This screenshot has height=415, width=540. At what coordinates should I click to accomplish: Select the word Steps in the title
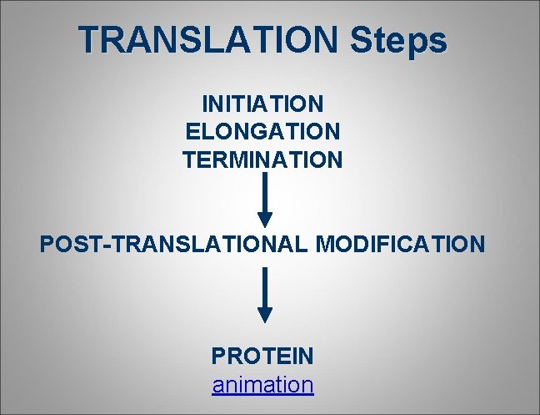(399, 39)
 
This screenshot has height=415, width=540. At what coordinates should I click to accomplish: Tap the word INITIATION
(262, 104)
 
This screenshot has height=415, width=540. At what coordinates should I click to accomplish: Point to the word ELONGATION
(262, 132)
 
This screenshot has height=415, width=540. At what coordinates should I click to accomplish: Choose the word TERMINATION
(262, 159)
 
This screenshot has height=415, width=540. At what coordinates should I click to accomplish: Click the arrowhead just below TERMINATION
(264, 219)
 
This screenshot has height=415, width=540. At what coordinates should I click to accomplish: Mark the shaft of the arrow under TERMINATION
(264, 192)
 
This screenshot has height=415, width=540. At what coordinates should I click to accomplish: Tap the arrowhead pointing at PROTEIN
(264, 314)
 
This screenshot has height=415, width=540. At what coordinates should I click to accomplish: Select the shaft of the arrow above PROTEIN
(264, 287)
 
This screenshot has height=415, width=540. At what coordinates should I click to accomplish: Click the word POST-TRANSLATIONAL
(174, 245)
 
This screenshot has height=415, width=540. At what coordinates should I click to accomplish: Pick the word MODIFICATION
(400, 245)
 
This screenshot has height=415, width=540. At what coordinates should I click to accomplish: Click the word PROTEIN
(262, 357)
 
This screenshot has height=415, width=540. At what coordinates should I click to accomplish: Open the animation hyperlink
(262, 385)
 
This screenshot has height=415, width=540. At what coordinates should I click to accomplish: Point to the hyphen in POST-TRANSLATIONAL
(111, 245)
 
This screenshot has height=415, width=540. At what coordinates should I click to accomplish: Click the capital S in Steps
(363, 39)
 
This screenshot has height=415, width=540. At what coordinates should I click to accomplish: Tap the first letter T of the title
(89, 39)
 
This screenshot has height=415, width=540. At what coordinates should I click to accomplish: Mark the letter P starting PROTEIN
(218, 357)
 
